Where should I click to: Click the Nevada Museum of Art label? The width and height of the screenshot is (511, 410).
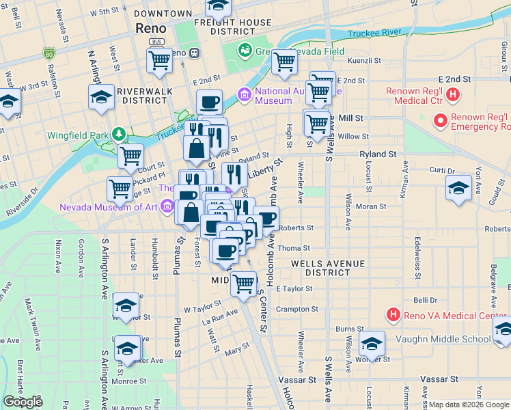click(109, 207)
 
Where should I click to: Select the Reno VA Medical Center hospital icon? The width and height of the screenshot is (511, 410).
click(393, 315)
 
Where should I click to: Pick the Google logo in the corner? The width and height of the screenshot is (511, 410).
click(23, 402)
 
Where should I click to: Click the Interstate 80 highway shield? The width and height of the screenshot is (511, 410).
click(49, 53)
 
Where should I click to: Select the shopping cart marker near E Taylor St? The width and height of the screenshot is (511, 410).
click(243, 282)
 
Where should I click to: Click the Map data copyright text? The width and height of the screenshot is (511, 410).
click(469, 404)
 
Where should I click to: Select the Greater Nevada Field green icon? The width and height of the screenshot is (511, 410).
click(244, 50)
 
